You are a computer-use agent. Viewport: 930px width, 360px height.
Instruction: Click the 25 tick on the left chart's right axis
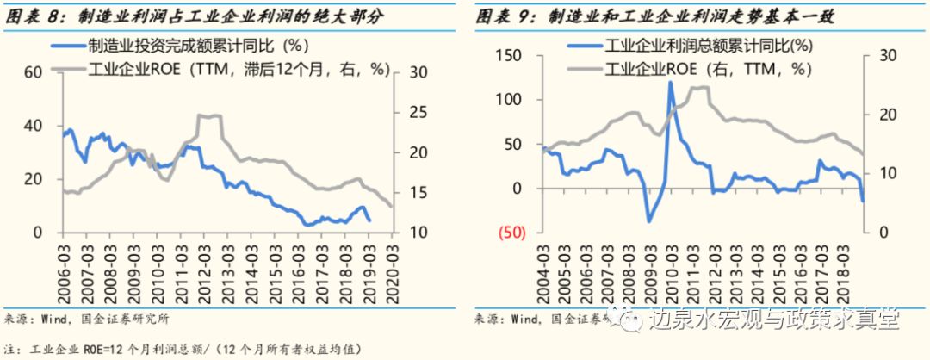click(415, 113)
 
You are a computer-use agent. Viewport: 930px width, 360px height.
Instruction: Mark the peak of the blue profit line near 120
click(670, 83)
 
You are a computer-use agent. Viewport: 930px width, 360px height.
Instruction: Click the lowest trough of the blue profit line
click(648, 221)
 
